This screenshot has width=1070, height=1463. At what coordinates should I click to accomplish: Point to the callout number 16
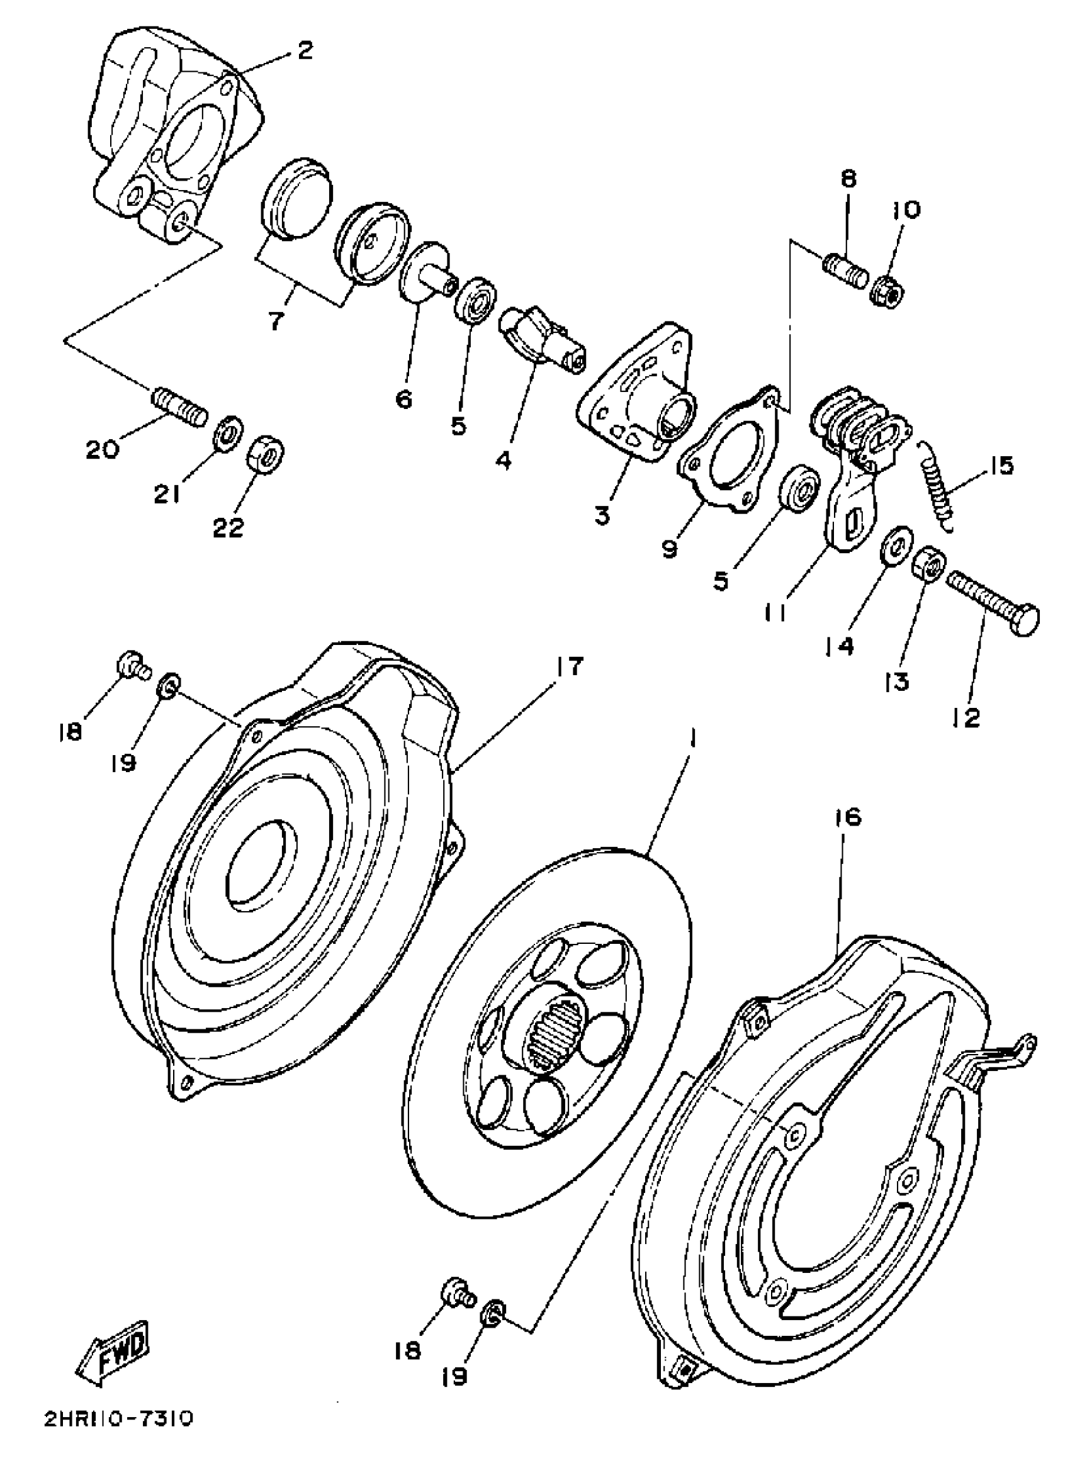pyautogui.click(x=848, y=817)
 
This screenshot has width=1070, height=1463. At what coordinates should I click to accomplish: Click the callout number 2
pyautogui.click(x=304, y=50)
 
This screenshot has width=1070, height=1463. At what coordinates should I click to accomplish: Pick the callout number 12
pyautogui.click(x=966, y=717)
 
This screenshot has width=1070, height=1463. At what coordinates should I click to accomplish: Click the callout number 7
pyautogui.click(x=276, y=320)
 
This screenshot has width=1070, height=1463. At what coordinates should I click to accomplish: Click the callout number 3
pyautogui.click(x=602, y=516)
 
